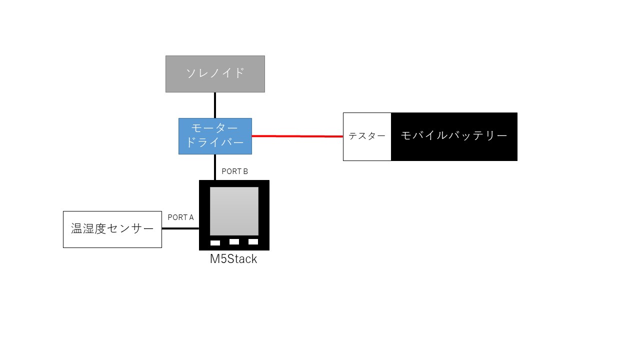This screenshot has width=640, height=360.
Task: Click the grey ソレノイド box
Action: coord(215,74)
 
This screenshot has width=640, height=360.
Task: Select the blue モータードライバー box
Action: coord(215,136)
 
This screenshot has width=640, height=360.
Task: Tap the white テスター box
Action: coord(367,136)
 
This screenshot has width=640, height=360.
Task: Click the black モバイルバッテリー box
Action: coord(454,136)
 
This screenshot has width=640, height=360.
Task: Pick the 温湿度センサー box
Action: coord(112,229)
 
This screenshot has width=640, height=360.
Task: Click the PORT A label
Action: coord(180,217)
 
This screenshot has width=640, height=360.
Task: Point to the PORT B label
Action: coord(234,171)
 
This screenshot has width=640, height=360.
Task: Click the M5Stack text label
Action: coord(233,259)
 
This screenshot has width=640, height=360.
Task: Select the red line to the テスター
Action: coord(297,136)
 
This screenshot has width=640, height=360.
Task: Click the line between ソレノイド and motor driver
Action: coord(215,105)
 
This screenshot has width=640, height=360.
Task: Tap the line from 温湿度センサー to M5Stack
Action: coord(180,229)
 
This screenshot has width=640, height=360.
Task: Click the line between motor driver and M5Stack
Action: coord(215,167)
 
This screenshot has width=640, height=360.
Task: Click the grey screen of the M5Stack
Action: coord(234,211)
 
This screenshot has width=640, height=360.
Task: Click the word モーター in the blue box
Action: coord(215,128)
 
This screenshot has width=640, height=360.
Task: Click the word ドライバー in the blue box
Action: coord(215,143)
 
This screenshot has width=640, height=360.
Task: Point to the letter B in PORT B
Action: coord(245,171)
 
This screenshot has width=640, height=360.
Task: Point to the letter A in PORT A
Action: coord(190,217)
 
